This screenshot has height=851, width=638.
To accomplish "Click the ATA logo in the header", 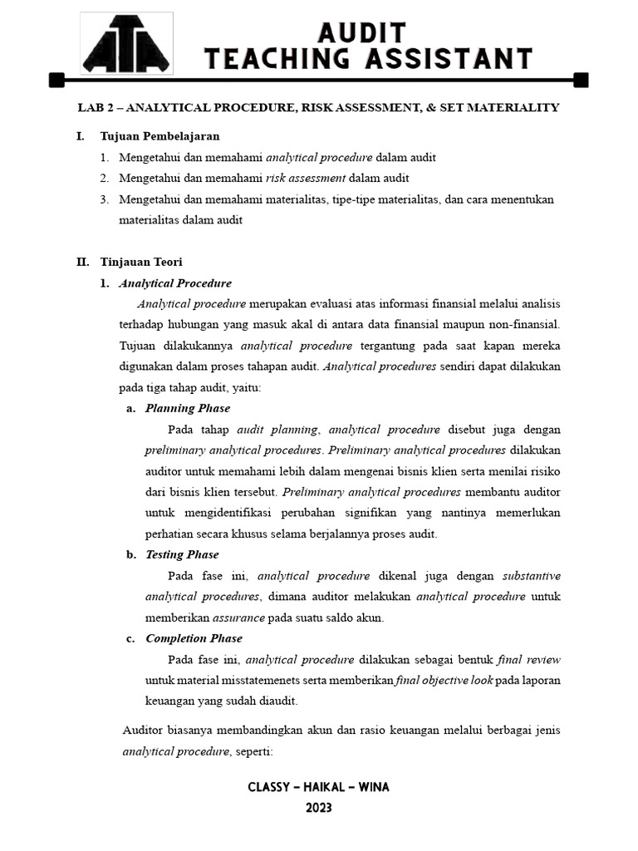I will (x=125, y=45).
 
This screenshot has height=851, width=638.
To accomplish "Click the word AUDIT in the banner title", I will (x=363, y=33).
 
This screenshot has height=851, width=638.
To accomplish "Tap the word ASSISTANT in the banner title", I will (x=449, y=59).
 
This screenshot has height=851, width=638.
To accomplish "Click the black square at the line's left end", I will (x=56, y=80).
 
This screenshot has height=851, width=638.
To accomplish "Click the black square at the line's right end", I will (x=581, y=80).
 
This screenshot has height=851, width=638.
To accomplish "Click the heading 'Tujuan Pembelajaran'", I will (x=159, y=136).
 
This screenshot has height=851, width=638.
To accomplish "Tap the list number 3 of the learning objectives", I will (x=104, y=199).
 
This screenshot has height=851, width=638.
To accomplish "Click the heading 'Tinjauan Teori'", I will (x=141, y=262).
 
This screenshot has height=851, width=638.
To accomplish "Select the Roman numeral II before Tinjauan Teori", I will (x=82, y=262).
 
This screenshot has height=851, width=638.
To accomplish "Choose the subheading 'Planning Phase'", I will (x=188, y=408).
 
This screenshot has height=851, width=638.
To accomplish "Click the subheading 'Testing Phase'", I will (x=182, y=554).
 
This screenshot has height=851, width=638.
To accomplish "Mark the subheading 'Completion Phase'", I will (x=194, y=638).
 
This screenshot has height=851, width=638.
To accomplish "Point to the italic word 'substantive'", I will (x=532, y=575).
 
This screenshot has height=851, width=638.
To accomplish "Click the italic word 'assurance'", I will (x=239, y=617).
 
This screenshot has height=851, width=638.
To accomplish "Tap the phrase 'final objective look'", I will (x=444, y=680).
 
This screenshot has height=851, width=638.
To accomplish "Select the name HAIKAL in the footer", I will (x=319, y=787).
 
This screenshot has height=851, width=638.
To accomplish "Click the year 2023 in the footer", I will (x=319, y=808).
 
